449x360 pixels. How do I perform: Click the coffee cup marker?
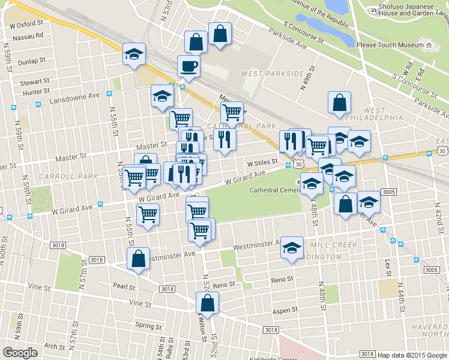(188, 66)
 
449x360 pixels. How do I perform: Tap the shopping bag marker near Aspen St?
(207, 304)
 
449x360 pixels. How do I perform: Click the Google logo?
(20, 352)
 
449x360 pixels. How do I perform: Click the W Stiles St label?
(262, 162)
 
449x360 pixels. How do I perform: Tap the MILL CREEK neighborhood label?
(333, 245)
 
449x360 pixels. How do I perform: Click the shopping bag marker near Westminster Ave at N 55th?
(139, 259)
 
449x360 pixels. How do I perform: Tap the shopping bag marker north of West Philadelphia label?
(339, 102)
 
